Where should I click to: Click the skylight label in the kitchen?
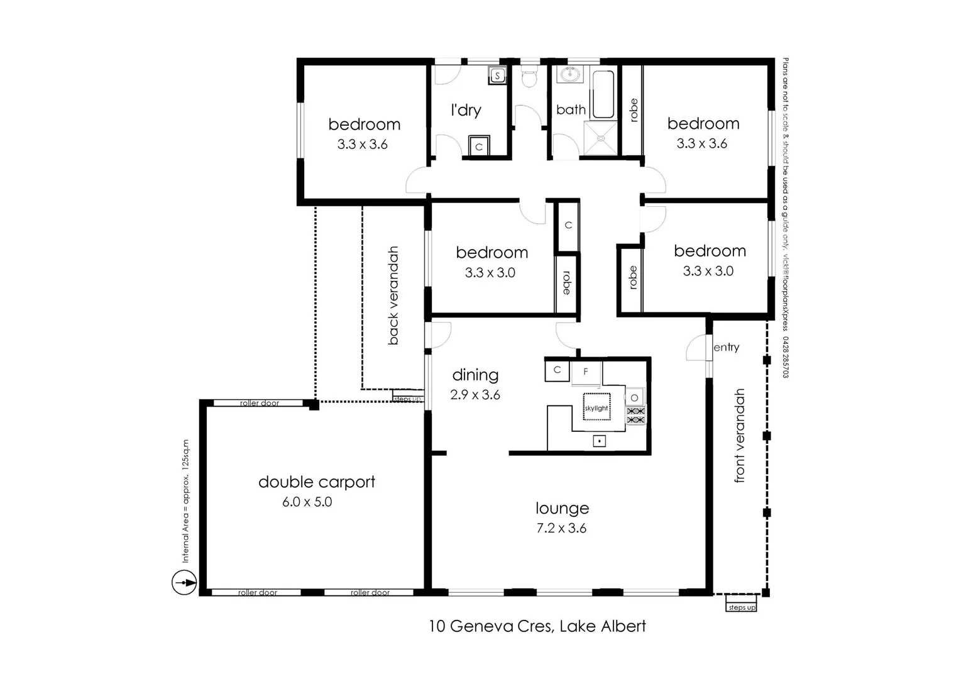[x=596, y=408]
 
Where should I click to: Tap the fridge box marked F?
[x=586, y=372]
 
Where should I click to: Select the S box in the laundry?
[x=497, y=76]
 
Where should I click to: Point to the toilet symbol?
[x=529, y=78]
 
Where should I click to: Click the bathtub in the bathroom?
[x=603, y=94]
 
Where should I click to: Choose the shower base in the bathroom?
[x=601, y=138]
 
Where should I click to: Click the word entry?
[x=726, y=347]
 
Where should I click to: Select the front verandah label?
[x=740, y=436]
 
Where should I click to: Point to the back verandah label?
[x=393, y=295]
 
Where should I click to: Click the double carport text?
[x=317, y=482]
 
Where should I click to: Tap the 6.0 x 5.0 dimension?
[x=307, y=502]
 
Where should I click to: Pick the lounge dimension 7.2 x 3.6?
[x=561, y=529]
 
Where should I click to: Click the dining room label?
[x=475, y=375]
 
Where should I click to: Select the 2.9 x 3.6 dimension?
[x=475, y=395]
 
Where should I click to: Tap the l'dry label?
[x=466, y=111]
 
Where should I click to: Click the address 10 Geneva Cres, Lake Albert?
[x=537, y=626]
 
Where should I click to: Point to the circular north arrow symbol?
[x=184, y=582]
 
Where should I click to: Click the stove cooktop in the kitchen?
[x=635, y=415]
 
